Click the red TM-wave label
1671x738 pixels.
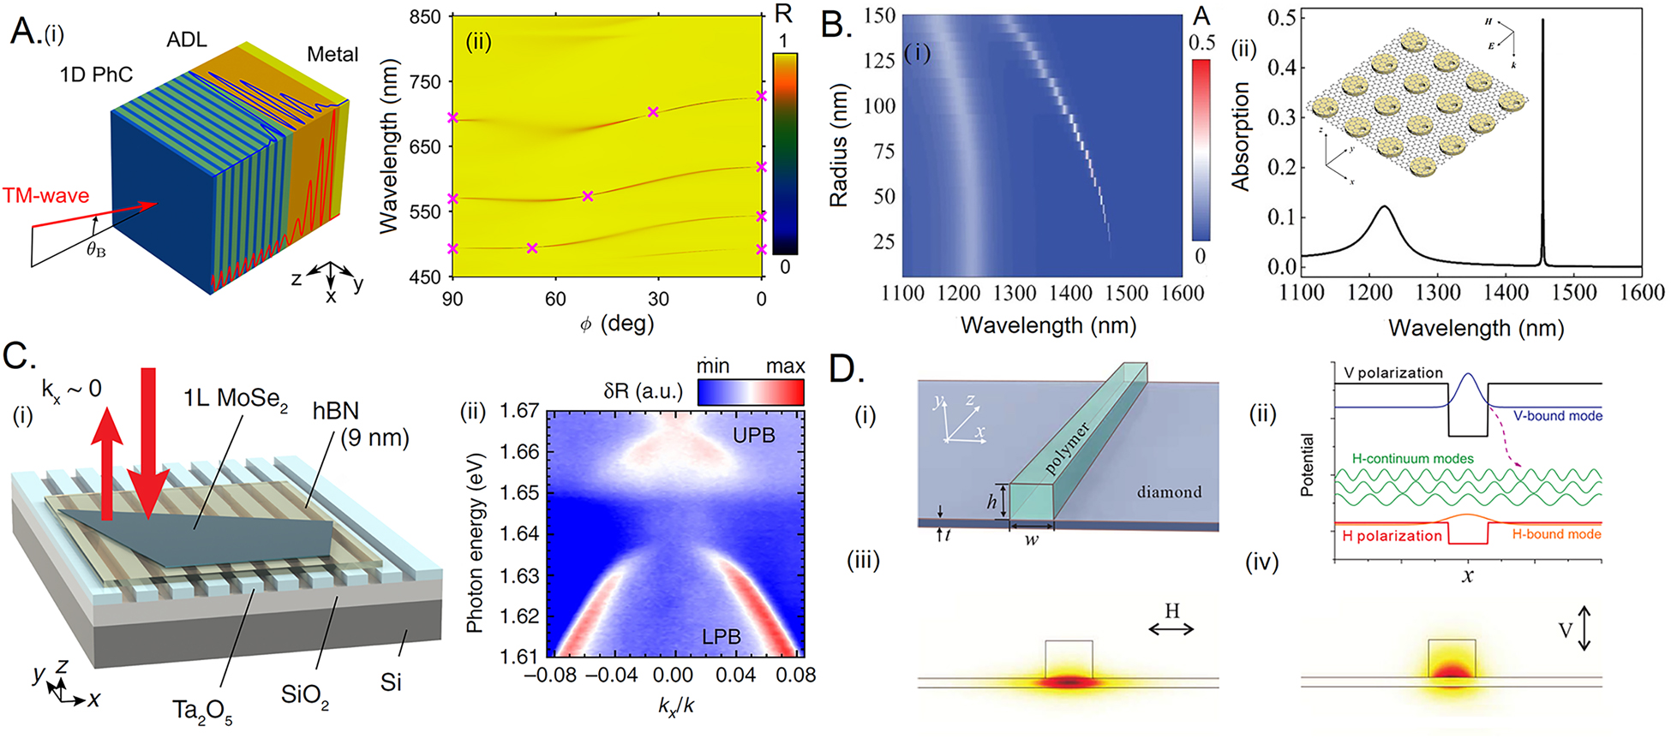tap(46, 196)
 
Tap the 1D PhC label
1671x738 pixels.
tap(96, 75)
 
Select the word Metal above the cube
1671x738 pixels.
tap(332, 55)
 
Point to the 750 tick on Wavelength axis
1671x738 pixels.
tap(424, 82)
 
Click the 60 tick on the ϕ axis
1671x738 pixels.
tap(555, 299)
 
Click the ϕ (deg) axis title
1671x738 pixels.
tap(616, 324)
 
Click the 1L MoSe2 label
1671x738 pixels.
tap(236, 399)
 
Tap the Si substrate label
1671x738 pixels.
tap(391, 682)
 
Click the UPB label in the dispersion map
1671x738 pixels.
tap(753, 436)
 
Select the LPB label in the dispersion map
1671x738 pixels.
tap(721, 637)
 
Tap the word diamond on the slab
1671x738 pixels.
tap(1169, 492)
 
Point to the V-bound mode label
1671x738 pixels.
tap(1557, 416)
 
